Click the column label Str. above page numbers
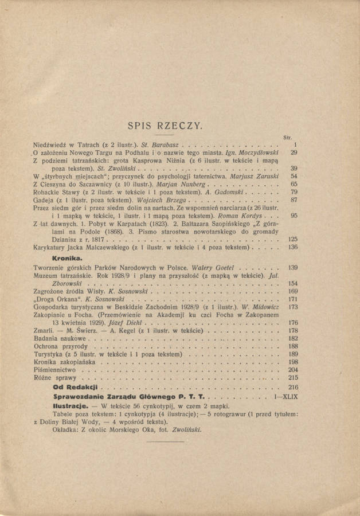pyautogui.click(x=288, y=138)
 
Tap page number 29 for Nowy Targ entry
pyautogui.click(x=294, y=153)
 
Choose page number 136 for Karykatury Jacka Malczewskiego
pyautogui.click(x=293, y=248)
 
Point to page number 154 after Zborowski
pyautogui.click(x=293, y=284)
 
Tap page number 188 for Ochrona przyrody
pyautogui.click(x=293, y=347)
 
